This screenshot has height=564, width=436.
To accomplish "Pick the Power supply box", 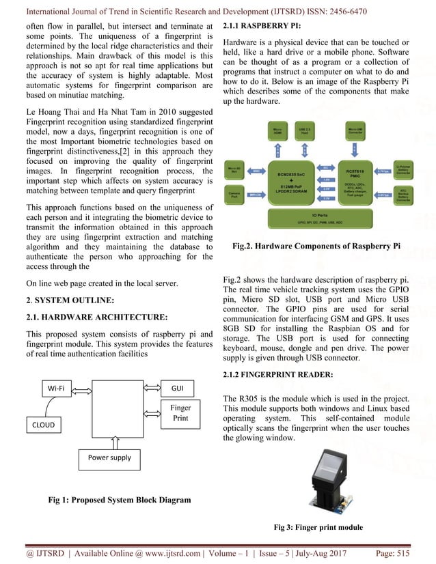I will click(x=109, y=457).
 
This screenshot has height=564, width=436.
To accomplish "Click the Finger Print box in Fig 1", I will click(x=179, y=413).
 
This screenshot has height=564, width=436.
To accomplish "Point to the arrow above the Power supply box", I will click(x=109, y=440).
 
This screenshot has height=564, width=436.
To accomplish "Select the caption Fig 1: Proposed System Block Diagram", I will click(x=119, y=500).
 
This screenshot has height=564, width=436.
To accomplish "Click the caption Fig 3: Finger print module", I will click(x=318, y=527).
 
